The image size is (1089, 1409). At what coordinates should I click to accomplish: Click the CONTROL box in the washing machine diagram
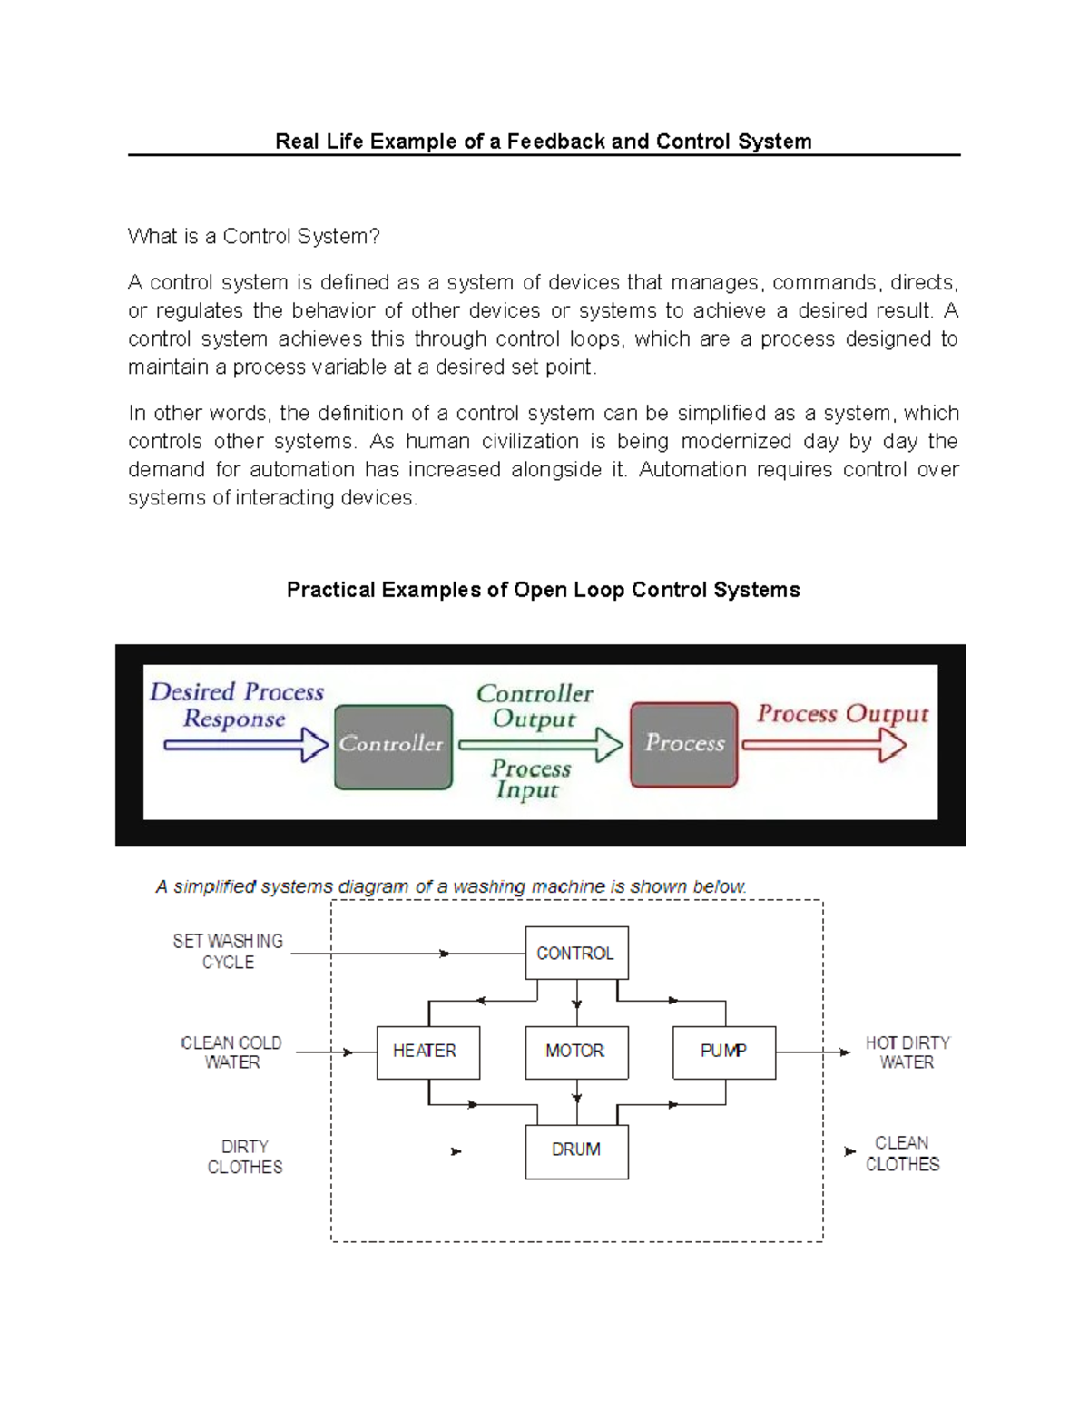pyautogui.click(x=576, y=953)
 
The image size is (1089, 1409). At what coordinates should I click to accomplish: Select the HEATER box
pyautogui.click(x=427, y=1052)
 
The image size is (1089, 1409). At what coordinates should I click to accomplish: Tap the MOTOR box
pyautogui.click(x=576, y=1052)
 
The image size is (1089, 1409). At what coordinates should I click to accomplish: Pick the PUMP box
pyautogui.click(x=723, y=1052)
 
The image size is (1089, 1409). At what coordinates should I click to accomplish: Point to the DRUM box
pyautogui.click(x=576, y=1150)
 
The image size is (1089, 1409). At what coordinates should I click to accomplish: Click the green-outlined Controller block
pyautogui.click(x=393, y=746)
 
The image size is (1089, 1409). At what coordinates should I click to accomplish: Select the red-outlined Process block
pyautogui.click(x=683, y=744)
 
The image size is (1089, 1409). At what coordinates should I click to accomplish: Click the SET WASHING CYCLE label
pyautogui.click(x=228, y=952)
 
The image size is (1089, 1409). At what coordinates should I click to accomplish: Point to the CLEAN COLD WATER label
pyautogui.click(x=231, y=1052)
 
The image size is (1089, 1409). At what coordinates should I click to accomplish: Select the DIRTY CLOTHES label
pyautogui.click(x=245, y=1157)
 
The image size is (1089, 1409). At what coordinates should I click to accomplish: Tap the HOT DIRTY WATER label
pyautogui.click(x=907, y=1052)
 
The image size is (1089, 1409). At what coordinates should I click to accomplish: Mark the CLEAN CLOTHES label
pyautogui.click(x=902, y=1153)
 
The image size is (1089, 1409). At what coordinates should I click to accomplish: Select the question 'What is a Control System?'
pyautogui.click(x=254, y=237)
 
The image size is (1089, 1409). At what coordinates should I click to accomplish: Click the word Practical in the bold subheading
pyautogui.click(x=330, y=590)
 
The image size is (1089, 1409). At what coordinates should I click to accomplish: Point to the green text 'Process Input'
pyautogui.click(x=530, y=779)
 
